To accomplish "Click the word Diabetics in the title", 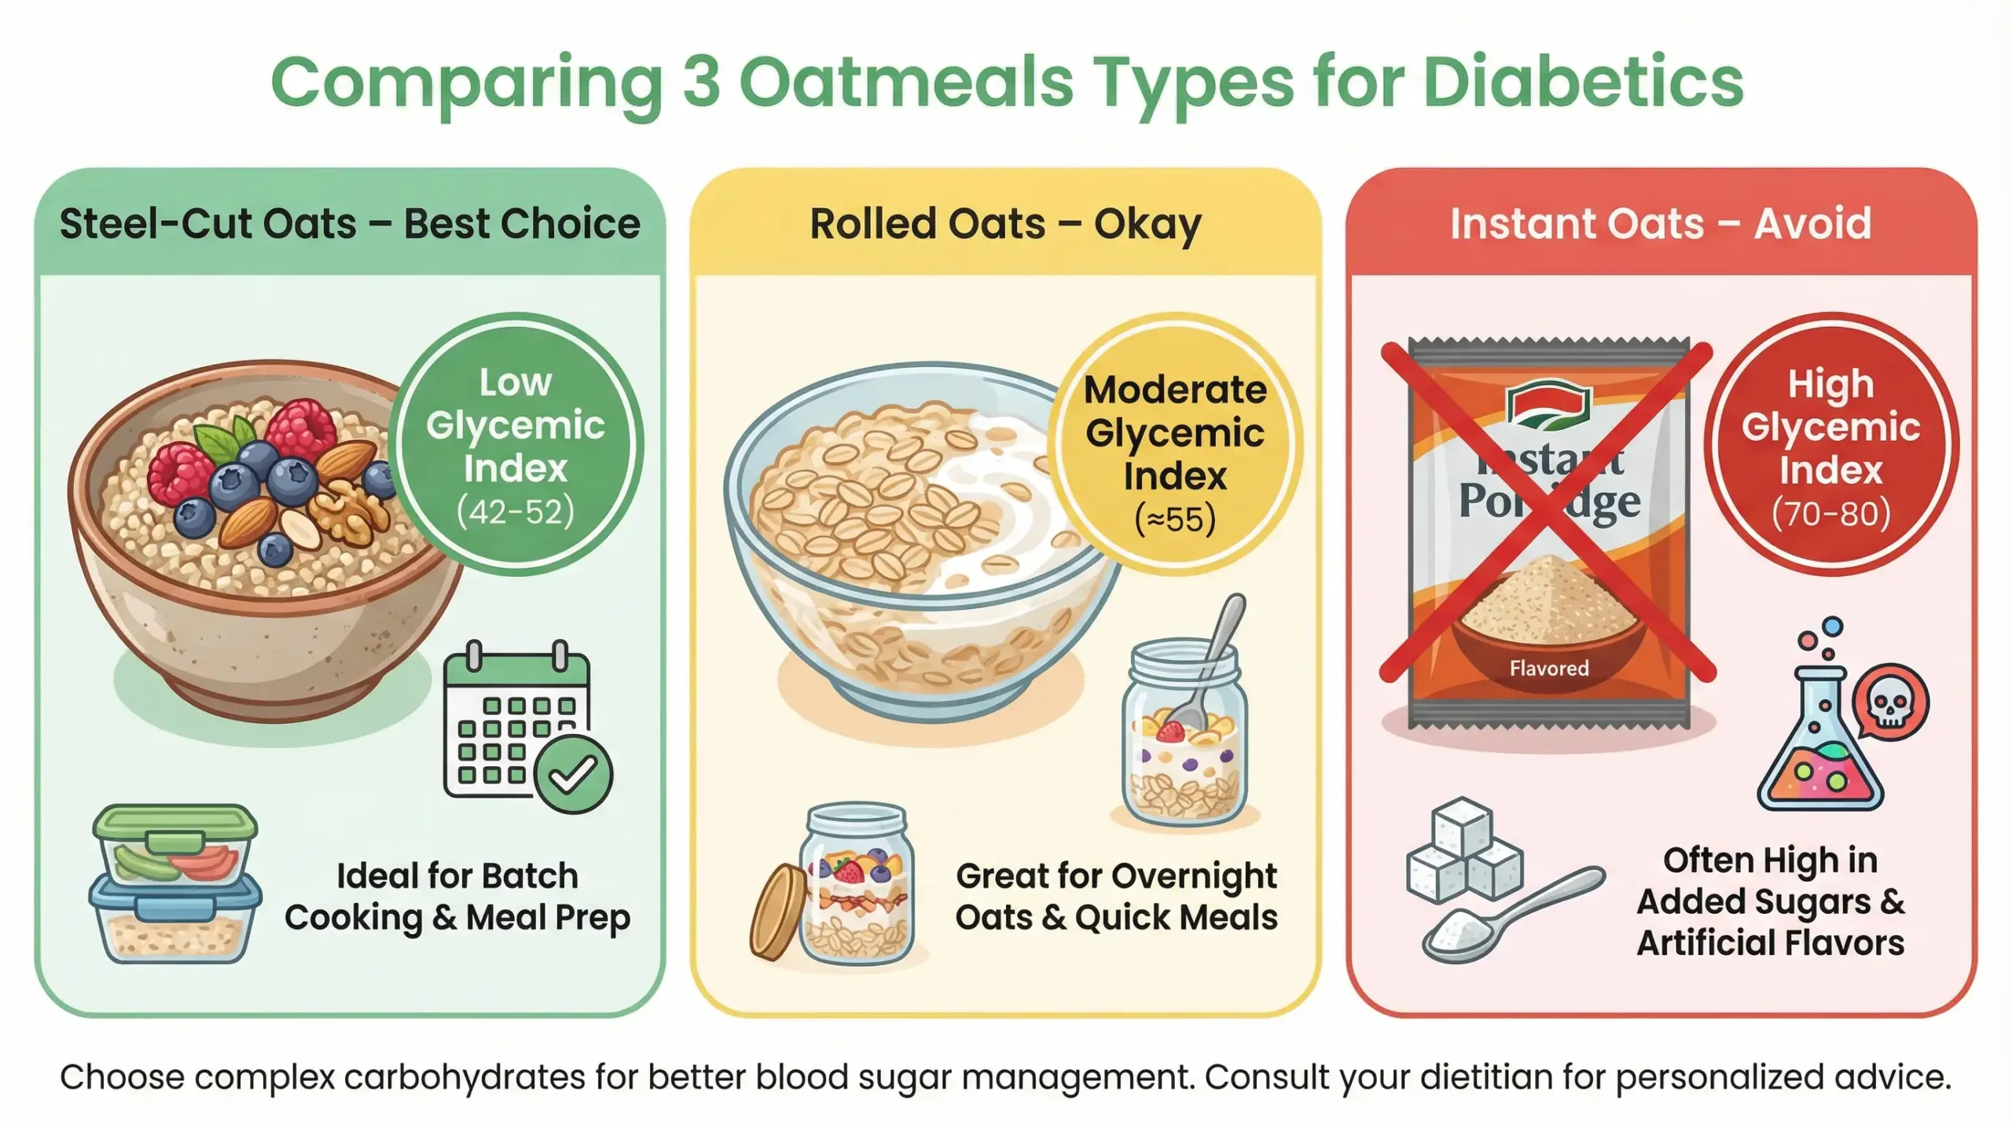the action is click(x=1583, y=82).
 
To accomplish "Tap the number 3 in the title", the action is click(x=701, y=82).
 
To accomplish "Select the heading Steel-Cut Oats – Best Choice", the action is click(x=350, y=224).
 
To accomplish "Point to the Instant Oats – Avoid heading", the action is click(x=1661, y=224).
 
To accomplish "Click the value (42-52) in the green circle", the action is click(x=516, y=512).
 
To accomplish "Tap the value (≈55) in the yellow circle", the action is click(x=1175, y=519).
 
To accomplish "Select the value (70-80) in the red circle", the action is click(x=1830, y=514).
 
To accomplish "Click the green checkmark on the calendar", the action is click(x=573, y=774).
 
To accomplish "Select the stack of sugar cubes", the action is click(x=1464, y=850).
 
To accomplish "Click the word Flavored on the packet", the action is click(x=1548, y=669).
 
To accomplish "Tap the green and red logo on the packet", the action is click(x=1548, y=406).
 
